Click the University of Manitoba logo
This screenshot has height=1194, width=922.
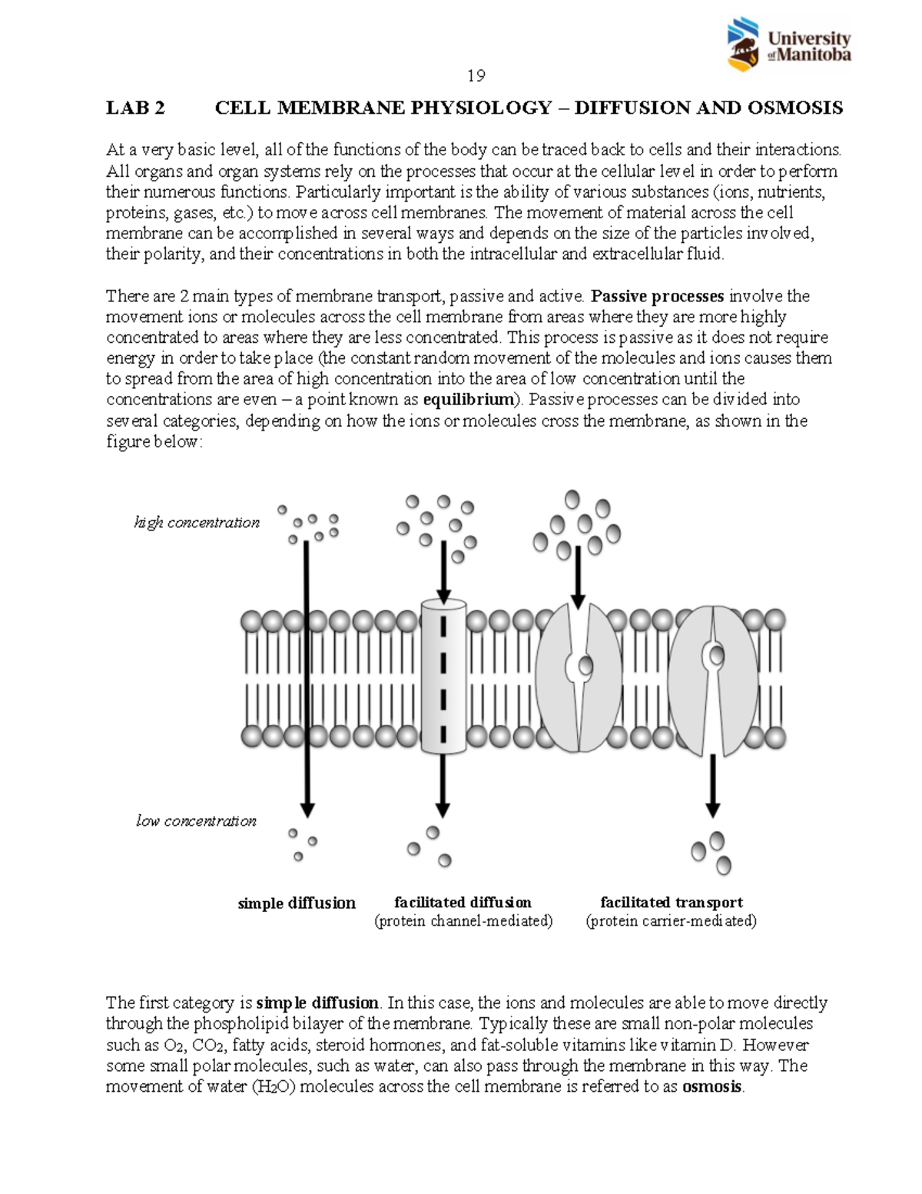click(788, 45)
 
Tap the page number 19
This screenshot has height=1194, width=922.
click(476, 75)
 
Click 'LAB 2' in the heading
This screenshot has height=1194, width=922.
click(135, 108)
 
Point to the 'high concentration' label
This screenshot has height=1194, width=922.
click(197, 523)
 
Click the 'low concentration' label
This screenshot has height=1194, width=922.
click(196, 821)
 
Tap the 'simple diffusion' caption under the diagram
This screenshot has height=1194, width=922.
click(297, 903)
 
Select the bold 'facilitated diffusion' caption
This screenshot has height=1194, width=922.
click(463, 902)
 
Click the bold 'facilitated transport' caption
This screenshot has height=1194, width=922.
click(671, 902)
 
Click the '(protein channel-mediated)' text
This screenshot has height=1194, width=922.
click(463, 920)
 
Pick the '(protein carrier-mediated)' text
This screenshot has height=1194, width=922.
click(671, 920)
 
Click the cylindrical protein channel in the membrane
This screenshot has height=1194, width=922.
click(443, 677)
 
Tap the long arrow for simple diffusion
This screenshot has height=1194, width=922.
click(307, 677)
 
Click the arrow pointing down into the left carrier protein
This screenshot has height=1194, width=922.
click(578, 577)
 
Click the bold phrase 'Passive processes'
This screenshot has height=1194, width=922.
click(658, 296)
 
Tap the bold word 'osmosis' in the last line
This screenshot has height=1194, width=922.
click(712, 1086)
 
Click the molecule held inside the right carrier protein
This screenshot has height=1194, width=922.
click(716, 656)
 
